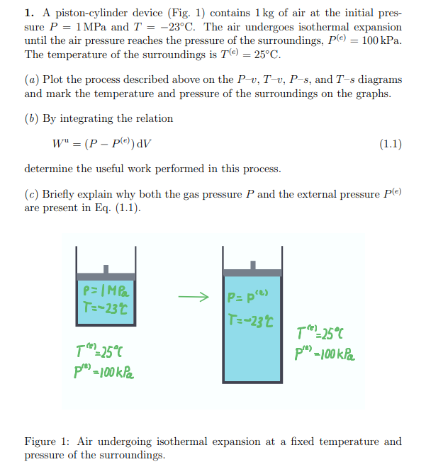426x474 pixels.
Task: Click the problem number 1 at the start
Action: (29, 13)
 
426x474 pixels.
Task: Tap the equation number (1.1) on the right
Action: (390, 145)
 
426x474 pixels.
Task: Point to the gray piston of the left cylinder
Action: (105, 276)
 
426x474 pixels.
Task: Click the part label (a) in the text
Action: (32, 79)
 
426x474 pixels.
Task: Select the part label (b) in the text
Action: (32, 118)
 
